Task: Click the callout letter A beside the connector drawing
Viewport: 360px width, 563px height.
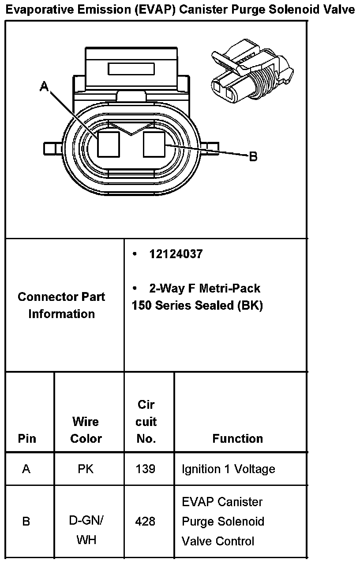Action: click(x=44, y=86)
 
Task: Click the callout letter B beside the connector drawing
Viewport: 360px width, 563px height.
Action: click(x=253, y=156)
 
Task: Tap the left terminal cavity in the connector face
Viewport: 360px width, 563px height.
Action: click(x=109, y=145)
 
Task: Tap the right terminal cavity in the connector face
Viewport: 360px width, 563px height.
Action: click(x=154, y=145)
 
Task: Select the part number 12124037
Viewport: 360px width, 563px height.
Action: click(x=176, y=254)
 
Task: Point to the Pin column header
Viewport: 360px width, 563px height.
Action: click(x=27, y=439)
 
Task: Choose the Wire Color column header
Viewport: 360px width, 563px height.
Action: click(x=86, y=430)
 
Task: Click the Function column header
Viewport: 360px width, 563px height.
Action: click(x=237, y=439)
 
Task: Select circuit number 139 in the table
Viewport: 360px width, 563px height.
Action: click(x=146, y=469)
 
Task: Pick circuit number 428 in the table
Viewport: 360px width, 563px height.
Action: click(x=146, y=522)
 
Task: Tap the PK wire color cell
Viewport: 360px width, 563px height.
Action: click(x=86, y=469)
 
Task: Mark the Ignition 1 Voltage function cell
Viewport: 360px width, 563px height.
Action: click(x=228, y=469)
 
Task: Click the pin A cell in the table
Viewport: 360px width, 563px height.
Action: click(x=26, y=469)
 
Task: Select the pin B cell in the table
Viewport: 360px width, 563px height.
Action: click(x=26, y=522)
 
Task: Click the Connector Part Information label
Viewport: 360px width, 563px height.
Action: click(x=62, y=305)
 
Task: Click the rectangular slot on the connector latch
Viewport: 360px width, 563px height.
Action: click(x=131, y=69)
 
